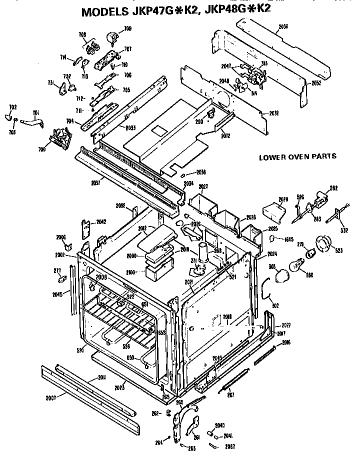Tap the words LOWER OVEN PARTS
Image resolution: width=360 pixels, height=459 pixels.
pos(297,156)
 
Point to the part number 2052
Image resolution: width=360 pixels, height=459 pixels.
pos(316,82)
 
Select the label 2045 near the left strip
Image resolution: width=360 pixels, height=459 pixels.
pos(57,294)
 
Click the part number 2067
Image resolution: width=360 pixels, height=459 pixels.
pos(230,446)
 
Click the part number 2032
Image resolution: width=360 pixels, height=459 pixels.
pos(273,113)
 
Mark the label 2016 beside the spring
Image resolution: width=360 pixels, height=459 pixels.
pos(286,342)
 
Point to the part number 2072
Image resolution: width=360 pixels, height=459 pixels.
pos(225,135)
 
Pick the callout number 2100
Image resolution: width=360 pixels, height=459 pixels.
pos(132,272)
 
